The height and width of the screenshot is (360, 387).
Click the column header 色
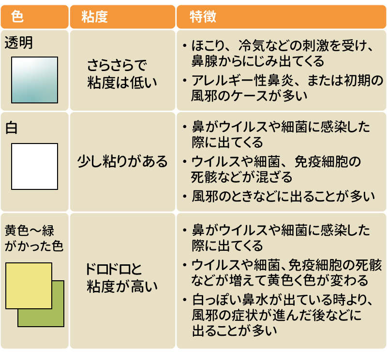[x=17, y=17]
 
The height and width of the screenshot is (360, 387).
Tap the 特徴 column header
[x=203, y=17]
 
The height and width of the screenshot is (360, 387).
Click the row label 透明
[x=19, y=43]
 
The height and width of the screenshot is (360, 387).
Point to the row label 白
[x=11, y=128]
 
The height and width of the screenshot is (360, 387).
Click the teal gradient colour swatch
[x=34, y=80]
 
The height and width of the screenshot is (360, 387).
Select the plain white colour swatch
[x=34, y=166]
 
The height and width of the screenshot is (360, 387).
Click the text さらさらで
[x=117, y=65]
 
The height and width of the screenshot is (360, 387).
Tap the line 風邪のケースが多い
[x=250, y=96]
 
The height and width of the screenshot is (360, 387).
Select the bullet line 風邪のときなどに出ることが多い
[x=283, y=196]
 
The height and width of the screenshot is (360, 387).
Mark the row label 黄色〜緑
[x=29, y=230]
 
